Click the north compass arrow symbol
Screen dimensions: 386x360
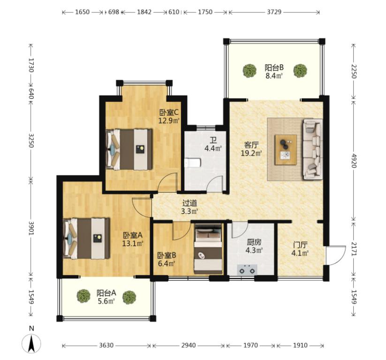31,343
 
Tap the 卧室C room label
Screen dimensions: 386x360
169,112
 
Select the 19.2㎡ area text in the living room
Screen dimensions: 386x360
251,153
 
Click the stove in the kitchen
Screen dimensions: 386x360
247,270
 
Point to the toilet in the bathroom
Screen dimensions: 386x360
192,163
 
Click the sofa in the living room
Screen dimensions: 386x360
312,149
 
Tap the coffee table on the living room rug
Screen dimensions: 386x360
286,150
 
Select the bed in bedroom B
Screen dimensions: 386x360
208,249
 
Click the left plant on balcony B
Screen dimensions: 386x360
250,71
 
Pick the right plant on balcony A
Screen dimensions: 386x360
129,297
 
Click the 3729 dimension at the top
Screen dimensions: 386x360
274,12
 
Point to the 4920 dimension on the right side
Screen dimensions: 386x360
354,161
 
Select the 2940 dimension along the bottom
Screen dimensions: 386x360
189,345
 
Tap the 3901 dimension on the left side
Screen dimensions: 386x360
31,228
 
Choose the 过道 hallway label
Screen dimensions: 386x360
190,203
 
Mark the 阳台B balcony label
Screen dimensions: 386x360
274,67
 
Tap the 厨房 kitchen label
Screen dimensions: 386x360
254,242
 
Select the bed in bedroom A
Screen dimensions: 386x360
86,238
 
